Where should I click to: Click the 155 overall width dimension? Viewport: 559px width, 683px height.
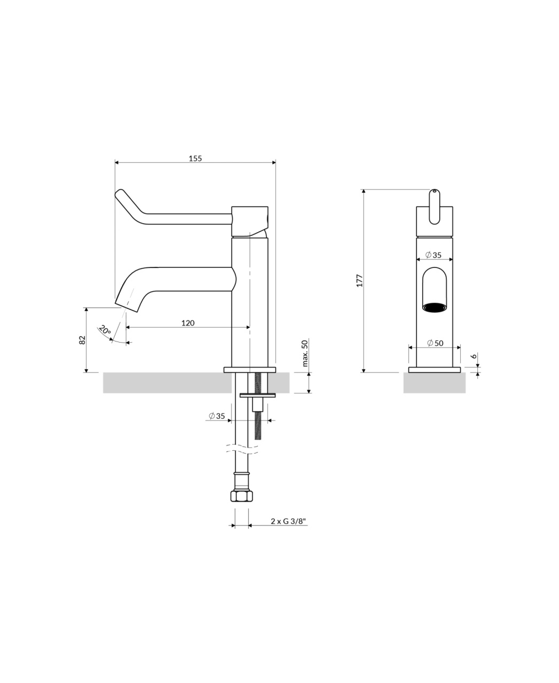(x=195, y=158)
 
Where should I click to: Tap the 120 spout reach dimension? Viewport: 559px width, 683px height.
(x=188, y=323)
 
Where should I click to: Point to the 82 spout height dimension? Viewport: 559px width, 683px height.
(x=83, y=340)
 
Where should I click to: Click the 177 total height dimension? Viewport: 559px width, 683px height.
(x=359, y=281)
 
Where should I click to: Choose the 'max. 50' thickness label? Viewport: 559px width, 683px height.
(x=305, y=353)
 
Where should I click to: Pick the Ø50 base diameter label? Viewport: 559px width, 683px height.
(x=435, y=343)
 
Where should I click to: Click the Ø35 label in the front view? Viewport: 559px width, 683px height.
(x=434, y=255)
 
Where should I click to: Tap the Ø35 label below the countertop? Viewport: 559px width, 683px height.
(x=217, y=416)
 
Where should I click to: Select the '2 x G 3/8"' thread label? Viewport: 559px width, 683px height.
(x=289, y=521)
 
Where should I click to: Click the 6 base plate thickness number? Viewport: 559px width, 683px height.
(x=474, y=356)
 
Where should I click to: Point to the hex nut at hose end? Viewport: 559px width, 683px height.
(x=241, y=496)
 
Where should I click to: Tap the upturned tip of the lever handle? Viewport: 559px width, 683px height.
(x=119, y=193)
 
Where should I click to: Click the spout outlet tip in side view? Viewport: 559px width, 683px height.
(x=127, y=308)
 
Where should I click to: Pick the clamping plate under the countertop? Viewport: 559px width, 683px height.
(x=258, y=395)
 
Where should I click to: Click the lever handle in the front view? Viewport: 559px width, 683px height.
(x=434, y=207)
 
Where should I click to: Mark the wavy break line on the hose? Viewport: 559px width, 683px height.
(x=242, y=449)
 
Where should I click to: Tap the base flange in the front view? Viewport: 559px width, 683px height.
(x=434, y=370)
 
